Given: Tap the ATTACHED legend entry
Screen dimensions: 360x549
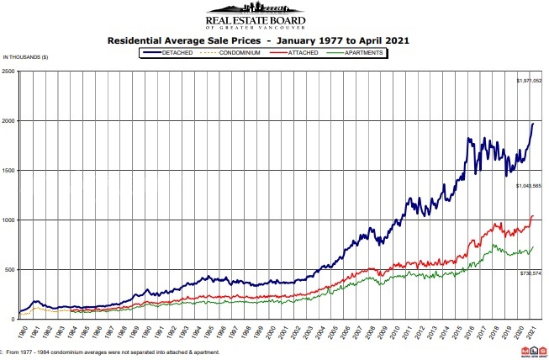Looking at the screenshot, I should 312,52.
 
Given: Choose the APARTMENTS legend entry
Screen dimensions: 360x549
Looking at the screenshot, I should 364,52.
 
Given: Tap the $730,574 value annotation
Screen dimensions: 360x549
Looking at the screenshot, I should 529,273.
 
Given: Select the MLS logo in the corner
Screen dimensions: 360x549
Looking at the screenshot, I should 531,347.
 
